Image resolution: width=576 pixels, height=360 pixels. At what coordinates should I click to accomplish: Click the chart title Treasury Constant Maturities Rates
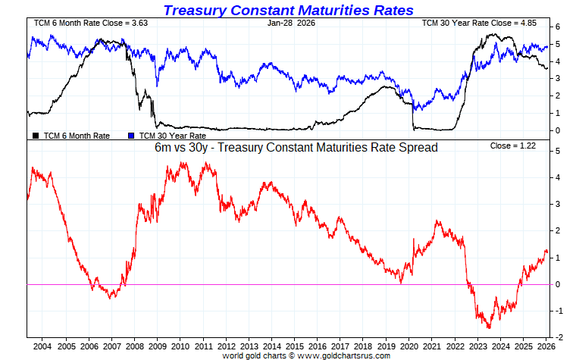(x=289, y=10)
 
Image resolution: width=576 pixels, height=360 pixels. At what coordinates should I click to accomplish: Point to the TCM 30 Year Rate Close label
(x=479, y=23)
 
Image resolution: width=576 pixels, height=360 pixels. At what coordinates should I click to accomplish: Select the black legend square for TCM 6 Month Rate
(x=36, y=136)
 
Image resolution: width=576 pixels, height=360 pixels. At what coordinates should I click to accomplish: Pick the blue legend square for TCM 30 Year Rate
(x=131, y=136)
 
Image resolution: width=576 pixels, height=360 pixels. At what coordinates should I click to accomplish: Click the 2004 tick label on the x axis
(x=42, y=345)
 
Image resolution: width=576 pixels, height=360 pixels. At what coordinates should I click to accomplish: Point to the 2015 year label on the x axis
(x=296, y=345)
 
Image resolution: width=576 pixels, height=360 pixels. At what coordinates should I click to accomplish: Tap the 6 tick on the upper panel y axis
(x=557, y=27)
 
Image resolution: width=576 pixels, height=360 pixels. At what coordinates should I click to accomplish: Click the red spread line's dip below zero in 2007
(x=111, y=296)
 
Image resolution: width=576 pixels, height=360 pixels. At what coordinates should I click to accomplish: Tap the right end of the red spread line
(x=547, y=252)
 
